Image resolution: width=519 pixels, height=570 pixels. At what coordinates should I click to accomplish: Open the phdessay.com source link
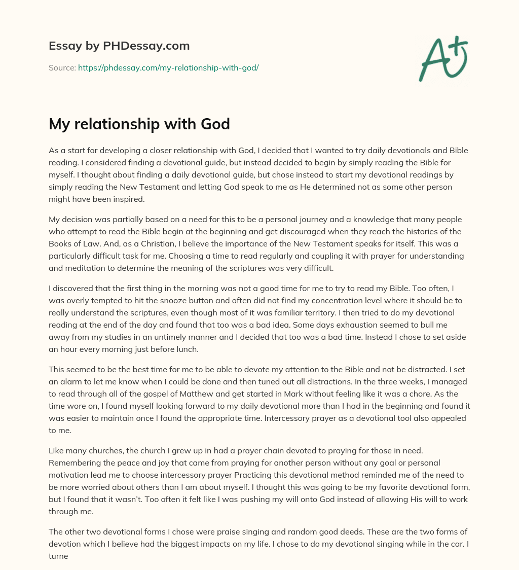168,67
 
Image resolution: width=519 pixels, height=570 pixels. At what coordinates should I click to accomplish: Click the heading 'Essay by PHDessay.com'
119,46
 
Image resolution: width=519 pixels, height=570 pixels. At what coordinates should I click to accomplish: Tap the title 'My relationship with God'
139,124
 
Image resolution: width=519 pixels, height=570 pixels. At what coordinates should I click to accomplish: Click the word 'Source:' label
62,67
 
